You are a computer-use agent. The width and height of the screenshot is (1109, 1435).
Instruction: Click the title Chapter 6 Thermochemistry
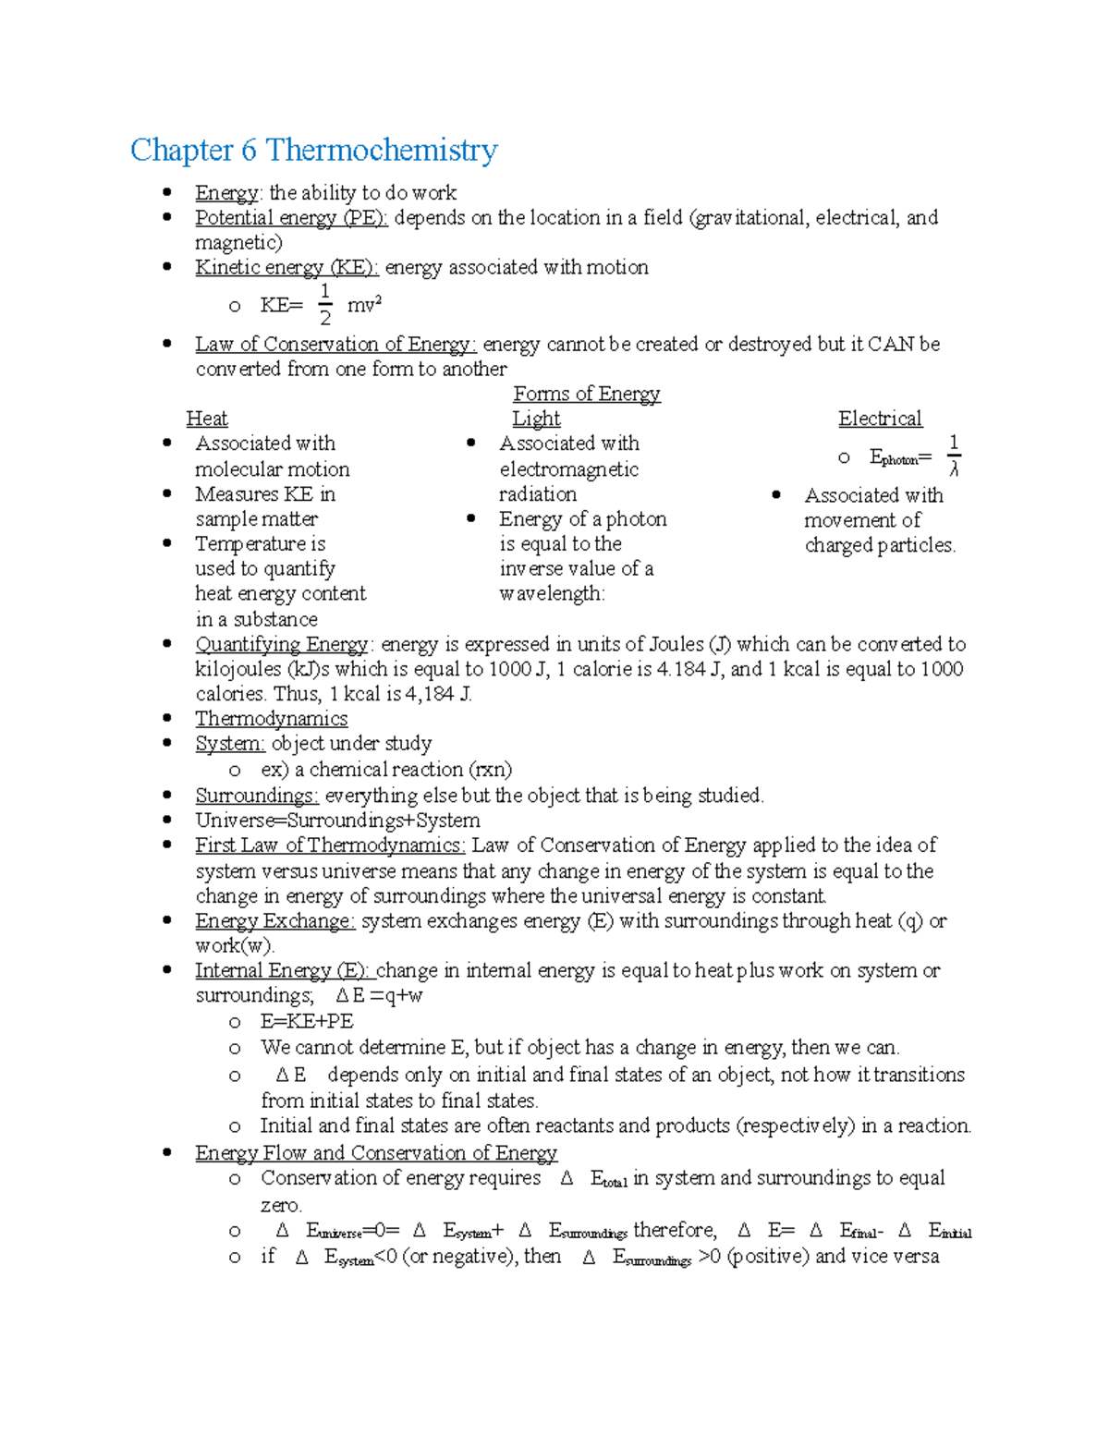[313, 150]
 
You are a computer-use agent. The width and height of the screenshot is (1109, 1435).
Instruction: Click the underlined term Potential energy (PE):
[291, 218]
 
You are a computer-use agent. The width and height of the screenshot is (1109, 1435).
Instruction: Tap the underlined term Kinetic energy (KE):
[286, 268]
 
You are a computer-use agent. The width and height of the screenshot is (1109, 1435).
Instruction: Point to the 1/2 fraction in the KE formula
[324, 305]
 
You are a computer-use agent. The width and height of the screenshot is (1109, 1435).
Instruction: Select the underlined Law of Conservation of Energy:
[335, 345]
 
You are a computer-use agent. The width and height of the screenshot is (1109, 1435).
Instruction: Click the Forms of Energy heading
[586, 395]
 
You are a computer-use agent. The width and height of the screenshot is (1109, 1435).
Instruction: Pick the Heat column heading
[206, 420]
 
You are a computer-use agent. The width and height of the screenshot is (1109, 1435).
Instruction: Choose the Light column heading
[536, 420]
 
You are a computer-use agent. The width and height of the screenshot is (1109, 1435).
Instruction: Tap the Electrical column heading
[880, 420]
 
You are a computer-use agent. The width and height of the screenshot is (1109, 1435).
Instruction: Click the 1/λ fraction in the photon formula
[954, 456]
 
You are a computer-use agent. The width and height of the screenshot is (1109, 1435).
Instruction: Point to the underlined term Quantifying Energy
[282, 645]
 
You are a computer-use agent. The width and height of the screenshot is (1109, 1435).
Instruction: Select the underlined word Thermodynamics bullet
[271, 719]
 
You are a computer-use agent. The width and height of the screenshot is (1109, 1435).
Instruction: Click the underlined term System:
[230, 744]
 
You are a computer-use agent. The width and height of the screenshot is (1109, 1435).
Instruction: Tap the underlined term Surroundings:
[257, 796]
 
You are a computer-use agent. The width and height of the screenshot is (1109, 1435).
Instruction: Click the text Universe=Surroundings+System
[337, 821]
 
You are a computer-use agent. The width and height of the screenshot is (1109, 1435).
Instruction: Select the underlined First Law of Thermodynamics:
[330, 845]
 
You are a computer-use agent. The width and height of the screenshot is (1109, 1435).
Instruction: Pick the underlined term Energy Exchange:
[274, 921]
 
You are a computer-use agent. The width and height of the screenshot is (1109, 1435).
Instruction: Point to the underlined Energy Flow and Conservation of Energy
[376, 1153]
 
